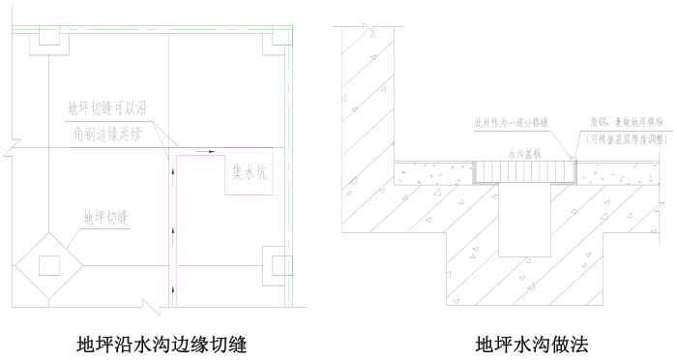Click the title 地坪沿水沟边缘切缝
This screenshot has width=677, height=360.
[162, 343]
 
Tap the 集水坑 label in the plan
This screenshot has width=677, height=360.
[252, 174]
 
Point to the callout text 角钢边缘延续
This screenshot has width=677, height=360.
[106, 134]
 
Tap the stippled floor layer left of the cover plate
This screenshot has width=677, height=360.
[435, 173]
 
